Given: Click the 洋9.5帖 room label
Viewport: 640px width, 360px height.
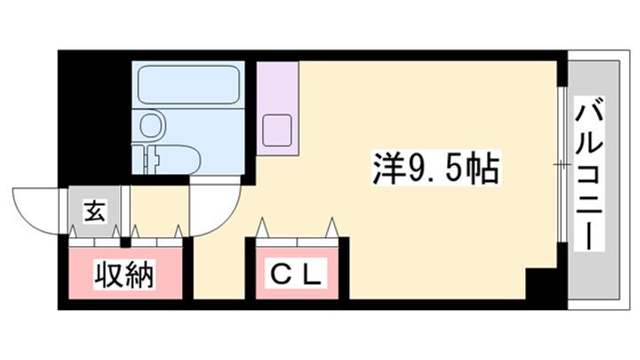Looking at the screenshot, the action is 436,168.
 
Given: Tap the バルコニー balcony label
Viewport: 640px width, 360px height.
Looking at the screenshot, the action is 589,172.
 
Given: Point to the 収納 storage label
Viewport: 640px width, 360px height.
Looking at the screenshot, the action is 124,275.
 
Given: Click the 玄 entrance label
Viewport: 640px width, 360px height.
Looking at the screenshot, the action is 95,212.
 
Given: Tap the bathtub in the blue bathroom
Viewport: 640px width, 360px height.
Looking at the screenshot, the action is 188,84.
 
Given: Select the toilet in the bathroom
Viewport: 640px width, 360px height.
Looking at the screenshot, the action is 172,160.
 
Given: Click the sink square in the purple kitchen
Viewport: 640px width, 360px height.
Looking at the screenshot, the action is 276,130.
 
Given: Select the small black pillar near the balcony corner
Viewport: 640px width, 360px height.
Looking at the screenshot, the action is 541,284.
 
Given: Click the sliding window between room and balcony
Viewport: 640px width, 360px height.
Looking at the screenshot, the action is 562,164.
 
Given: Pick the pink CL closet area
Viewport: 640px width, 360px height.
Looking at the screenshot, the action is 297,273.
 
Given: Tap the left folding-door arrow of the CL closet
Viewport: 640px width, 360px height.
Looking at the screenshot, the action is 262,228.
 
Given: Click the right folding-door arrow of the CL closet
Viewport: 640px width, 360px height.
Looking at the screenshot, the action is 332,228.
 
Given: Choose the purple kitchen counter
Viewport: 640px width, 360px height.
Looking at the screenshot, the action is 277,108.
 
